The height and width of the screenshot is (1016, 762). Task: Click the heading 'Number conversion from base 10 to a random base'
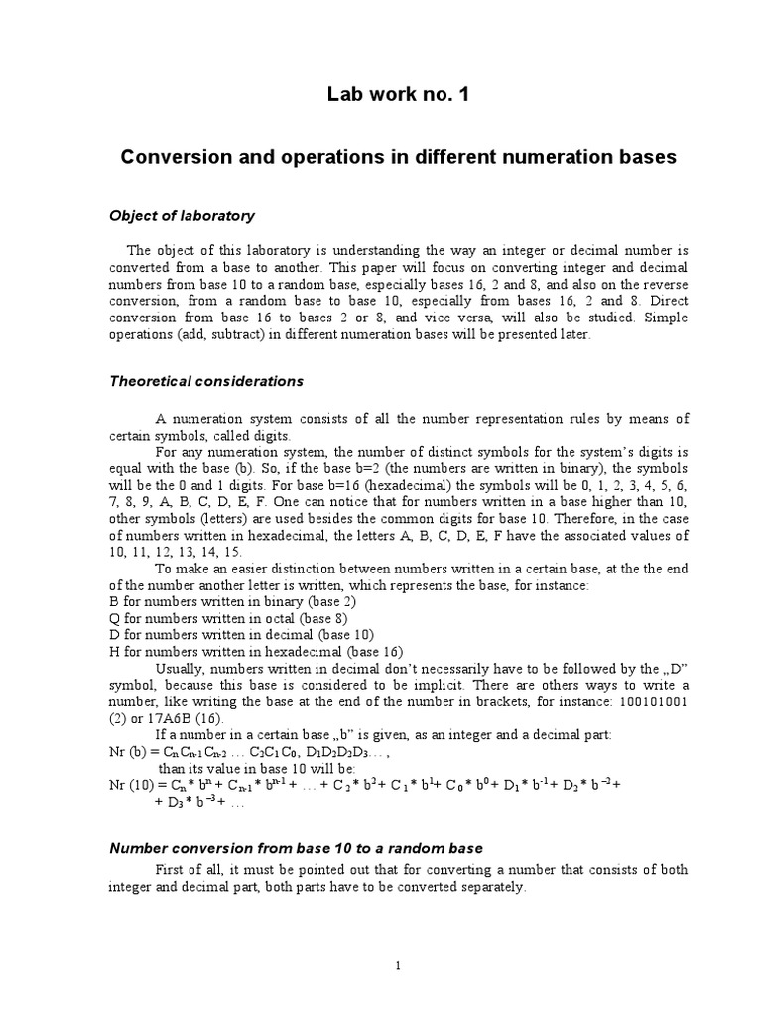(x=295, y=848)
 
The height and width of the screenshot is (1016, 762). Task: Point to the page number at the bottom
(x=397, y=966)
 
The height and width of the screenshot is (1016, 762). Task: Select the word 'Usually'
(x=182, y=671)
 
